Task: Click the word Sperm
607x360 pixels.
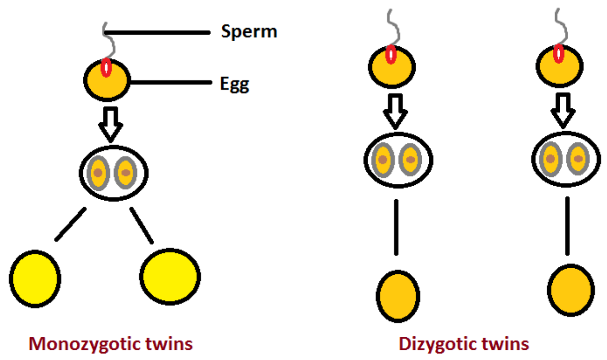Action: pos(249,32)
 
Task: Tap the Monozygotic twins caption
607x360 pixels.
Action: pos(111,344)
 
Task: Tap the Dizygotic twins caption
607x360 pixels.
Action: pos(463,344)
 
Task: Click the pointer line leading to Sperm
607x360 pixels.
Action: pos(157,32)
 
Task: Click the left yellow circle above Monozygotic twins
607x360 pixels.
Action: pos(35,278)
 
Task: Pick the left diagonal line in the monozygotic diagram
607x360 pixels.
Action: pos(70,224)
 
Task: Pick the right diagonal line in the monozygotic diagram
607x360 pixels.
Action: pos(142,225)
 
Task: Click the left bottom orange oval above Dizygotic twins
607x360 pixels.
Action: pos(398,296)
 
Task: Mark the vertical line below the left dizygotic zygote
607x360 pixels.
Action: pos(396,227)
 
